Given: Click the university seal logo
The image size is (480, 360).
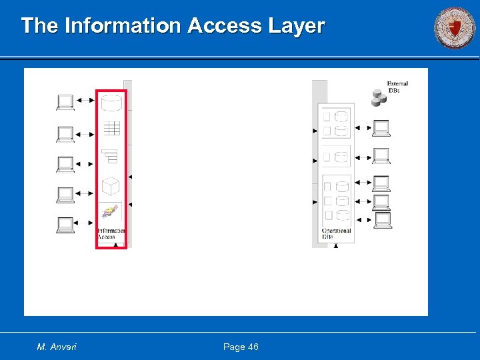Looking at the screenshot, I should point(455,28).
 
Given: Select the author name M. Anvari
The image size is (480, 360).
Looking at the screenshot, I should point(57,347).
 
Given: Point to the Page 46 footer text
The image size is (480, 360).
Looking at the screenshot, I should point(241,347).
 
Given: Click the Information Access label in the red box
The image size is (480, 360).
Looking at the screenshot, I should point(111,233).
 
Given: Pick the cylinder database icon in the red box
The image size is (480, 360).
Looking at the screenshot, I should point(111,103).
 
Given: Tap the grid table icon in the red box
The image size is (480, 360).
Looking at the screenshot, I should point(111,129).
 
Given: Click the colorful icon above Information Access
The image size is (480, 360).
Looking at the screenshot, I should point(110,213).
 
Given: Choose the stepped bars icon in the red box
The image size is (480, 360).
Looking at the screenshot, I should point(110,156).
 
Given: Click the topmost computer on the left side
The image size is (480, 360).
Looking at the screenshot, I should point(65,102).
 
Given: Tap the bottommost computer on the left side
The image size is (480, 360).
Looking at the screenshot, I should point(65,225).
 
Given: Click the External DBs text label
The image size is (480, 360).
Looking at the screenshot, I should point(397,87).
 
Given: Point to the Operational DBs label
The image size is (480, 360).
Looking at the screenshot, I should point(336,233).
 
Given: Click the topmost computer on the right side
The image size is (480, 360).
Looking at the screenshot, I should point(381,127).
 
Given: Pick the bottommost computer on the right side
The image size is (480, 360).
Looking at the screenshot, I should point(382,219).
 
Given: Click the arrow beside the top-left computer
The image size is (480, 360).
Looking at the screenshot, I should point(85,101).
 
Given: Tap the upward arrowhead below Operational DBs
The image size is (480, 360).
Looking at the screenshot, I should point(335,245).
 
